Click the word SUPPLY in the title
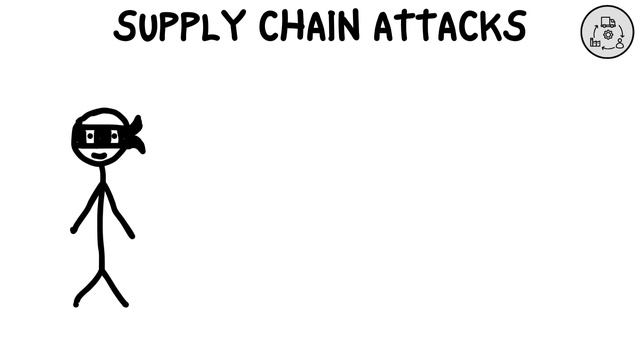(180, 27)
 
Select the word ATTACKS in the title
(449, 27)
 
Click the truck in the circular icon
(608, 21)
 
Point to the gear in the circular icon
(607, 33)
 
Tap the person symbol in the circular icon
(620, 43)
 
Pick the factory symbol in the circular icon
(596, 43)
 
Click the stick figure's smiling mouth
(99, 155)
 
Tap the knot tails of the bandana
(135, 136)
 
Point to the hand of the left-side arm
(73, 230)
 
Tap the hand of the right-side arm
(131, 236)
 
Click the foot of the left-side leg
(76, 303)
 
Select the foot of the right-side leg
(125, 303)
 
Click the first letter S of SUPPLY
(124, 27)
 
